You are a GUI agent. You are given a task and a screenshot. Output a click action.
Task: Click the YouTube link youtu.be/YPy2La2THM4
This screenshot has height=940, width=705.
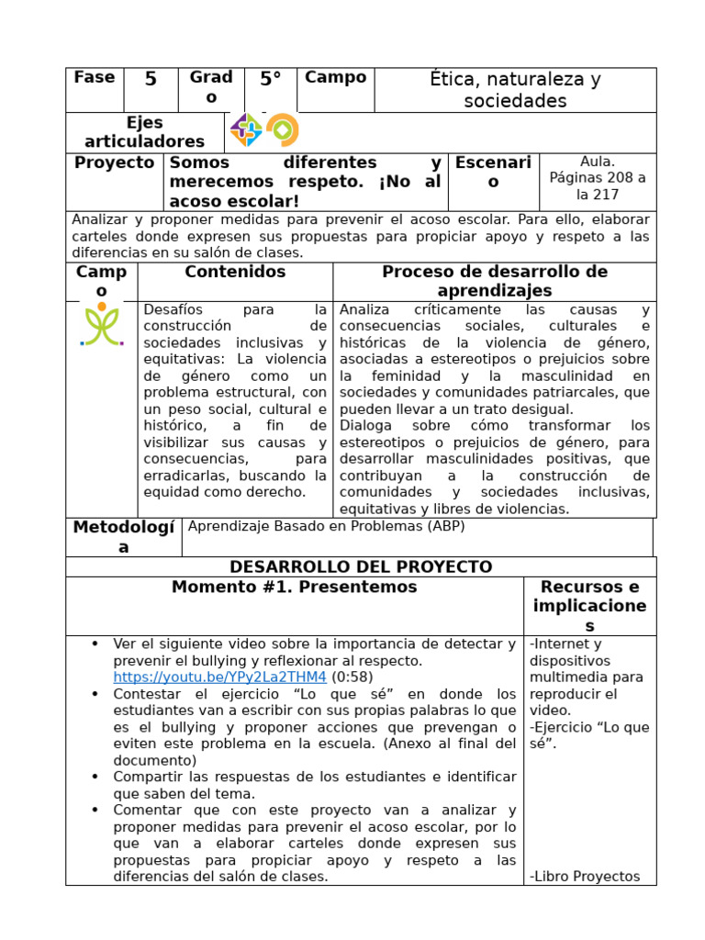point(219,677)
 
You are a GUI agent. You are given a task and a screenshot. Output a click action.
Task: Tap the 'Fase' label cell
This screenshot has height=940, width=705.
point(94,78)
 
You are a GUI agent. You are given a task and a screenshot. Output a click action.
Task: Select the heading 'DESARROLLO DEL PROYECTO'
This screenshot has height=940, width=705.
point(361,567)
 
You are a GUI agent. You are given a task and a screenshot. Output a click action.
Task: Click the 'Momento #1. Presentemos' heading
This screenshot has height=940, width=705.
point(294,587)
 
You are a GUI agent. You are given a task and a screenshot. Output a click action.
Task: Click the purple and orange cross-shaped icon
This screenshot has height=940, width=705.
point(246,130)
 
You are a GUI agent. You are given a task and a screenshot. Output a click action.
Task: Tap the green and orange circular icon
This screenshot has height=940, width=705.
point(282,130)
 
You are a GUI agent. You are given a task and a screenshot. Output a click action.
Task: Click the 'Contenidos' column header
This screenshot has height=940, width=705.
point(235,273)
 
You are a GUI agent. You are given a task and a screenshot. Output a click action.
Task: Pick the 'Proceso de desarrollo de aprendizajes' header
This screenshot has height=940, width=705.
point(494,281)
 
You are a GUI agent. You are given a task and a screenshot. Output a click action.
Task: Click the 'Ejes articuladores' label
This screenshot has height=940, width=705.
point(144,132)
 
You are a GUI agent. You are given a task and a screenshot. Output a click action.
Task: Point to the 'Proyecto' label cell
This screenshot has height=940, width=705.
point(114,163)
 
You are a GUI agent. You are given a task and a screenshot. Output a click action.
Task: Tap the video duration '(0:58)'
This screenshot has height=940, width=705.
point(352,677)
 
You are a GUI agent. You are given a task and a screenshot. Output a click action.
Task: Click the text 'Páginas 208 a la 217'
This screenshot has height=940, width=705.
point(598,186)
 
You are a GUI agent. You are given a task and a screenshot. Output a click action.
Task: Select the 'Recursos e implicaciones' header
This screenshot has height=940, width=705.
point(589,606)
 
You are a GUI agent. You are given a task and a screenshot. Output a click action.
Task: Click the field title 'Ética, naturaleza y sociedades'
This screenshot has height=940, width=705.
point(515,90)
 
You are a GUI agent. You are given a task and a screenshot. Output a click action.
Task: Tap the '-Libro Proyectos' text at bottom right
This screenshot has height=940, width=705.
point(585,877)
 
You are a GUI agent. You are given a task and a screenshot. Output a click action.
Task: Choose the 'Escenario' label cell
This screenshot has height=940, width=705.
point(493,173)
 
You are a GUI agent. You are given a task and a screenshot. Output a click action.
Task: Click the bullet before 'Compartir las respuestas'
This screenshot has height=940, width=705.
point(95,778)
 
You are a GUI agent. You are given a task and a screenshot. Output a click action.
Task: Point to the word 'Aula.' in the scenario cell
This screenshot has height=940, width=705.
point(598,162)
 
